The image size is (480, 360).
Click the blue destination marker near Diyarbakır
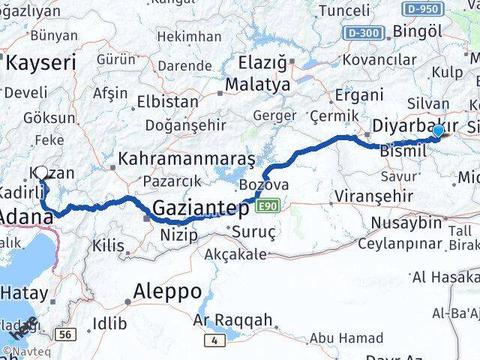click(x=438, y=131)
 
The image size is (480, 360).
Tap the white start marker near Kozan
click(x=42, y=173)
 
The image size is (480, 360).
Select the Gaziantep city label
click(x=202, y=208)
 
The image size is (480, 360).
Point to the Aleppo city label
click(x=167, y=291)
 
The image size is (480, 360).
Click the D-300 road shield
click(x=364, y=33)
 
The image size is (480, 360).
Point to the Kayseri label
click(x=41, y=63)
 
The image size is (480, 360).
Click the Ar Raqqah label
click(x=232, y=320)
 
